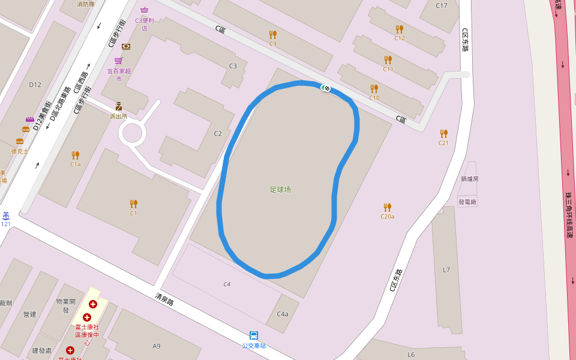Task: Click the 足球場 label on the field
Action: pyautogui.click(x=280, y=190)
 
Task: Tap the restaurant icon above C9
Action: pyautogui.click(x=273, y=34)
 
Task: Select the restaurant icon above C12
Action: pyautogui.click(x=400, y=29)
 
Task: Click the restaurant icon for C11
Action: pyautogui.click(x=388, y=60)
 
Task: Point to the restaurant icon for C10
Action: pyautogui.click(x=374, y=89)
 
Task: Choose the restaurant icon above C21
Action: pyautogui.click(x=443, y=133)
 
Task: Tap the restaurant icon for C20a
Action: pyautogui.click(x=387, y=207)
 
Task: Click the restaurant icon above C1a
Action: pyautogui.click(x=75, y=155)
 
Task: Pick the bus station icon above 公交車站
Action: pyautogui.click(x=254, y=335)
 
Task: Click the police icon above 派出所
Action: pyautogui.click(x=118, y=106)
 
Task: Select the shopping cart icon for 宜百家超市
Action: pyautogui.click(x=118, y=61)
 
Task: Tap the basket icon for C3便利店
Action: pyautogui.click(x=144, y=10)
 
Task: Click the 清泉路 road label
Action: pyautogui.click(x=164, y=299)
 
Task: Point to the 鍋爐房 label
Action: pyautogui.click(x=470, y=179)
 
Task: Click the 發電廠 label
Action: pyautogui.click(x=467, y=202)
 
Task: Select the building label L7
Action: pyautogui.click(x=446, y=270)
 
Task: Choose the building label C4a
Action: pyautogui.click(x=283, y=314)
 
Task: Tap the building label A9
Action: pyautogui.click(x=157, y=346)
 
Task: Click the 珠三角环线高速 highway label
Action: pyautogui.click(x=569, y=215)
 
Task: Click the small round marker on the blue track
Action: pyautogui.click(x=326, y=88)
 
